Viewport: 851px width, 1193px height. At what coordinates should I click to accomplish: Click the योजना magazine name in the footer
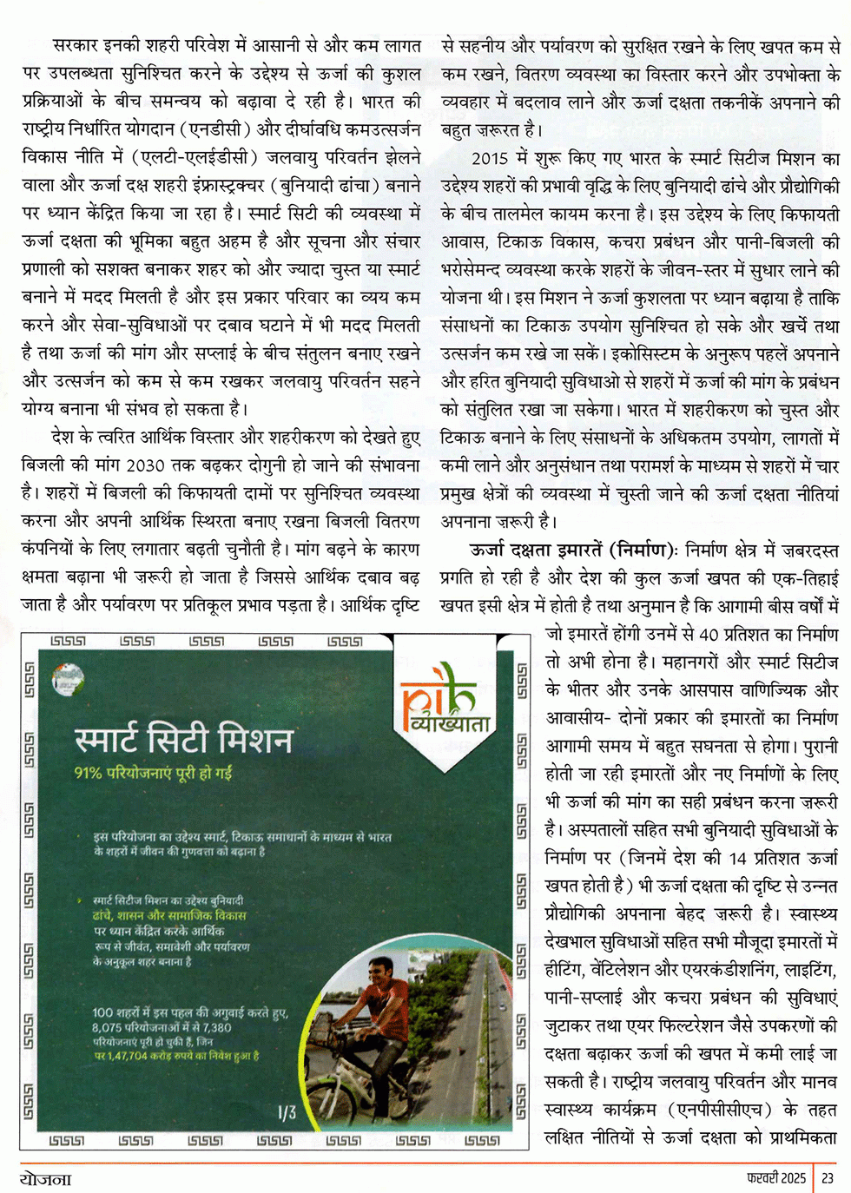(46, 1179)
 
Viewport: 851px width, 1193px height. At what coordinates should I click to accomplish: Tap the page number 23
(828, 1179)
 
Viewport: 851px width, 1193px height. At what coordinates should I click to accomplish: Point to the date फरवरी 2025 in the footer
(775, 1179)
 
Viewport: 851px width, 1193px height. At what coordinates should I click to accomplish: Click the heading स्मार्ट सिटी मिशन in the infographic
(184, 739)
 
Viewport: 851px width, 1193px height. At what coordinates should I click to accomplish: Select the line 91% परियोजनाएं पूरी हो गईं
(153, 773)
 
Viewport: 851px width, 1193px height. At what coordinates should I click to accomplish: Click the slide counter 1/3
(287, 1112)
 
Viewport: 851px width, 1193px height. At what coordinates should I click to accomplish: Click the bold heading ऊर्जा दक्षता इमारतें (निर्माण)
(572, 550)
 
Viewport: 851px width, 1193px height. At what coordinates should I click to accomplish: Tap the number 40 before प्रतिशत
(709, 635)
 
